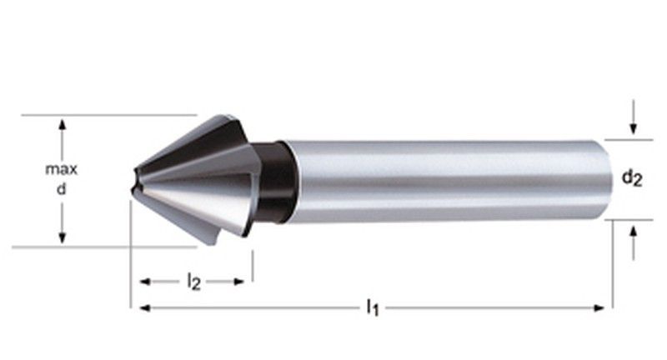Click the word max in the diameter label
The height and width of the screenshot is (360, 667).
pos(61,169)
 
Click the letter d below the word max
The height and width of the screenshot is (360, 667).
pos(61,190)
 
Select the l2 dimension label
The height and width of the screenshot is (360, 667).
pos(193,282)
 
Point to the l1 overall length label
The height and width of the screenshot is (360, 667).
pos(373,308)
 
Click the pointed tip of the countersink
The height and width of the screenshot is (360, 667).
pos(134,180)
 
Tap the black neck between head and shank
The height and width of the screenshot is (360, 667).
pos(278,181)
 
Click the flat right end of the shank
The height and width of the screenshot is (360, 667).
pos(606,180)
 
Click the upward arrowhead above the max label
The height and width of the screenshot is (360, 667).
pos(61,124)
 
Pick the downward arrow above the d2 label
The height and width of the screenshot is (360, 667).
pos(634,128)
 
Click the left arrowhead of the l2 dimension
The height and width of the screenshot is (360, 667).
pos(144,282)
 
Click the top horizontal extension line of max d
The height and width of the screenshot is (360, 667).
pos(108,115)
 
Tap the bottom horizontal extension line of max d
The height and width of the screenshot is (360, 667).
pos(100,247)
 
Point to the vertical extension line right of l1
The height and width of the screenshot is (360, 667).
pos(613,267)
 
